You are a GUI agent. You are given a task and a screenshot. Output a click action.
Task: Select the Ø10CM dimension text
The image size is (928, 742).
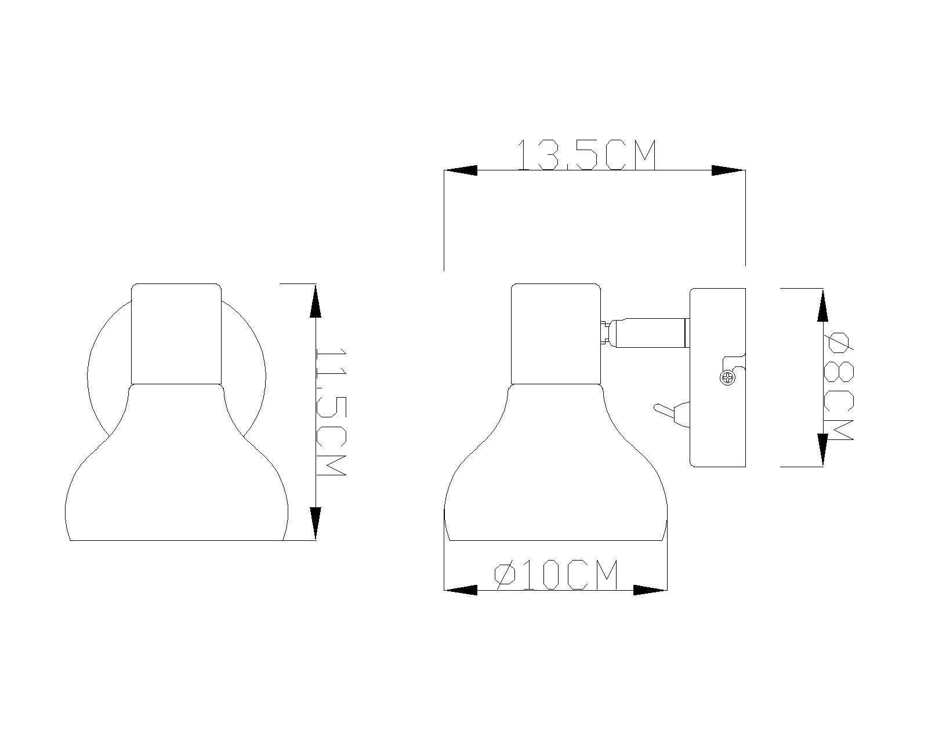tap(556, 574)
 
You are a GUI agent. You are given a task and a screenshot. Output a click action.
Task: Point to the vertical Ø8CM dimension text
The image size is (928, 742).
tap(838, 386)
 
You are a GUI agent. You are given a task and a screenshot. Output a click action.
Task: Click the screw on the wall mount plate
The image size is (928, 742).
tap(728, 378)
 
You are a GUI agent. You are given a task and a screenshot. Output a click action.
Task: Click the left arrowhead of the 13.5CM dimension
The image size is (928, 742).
tap(461, 170)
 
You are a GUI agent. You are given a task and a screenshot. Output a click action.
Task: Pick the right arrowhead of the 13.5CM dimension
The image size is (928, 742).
tap(728, 170)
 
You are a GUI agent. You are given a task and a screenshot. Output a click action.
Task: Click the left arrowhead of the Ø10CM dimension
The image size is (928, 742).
tap(461, 590)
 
